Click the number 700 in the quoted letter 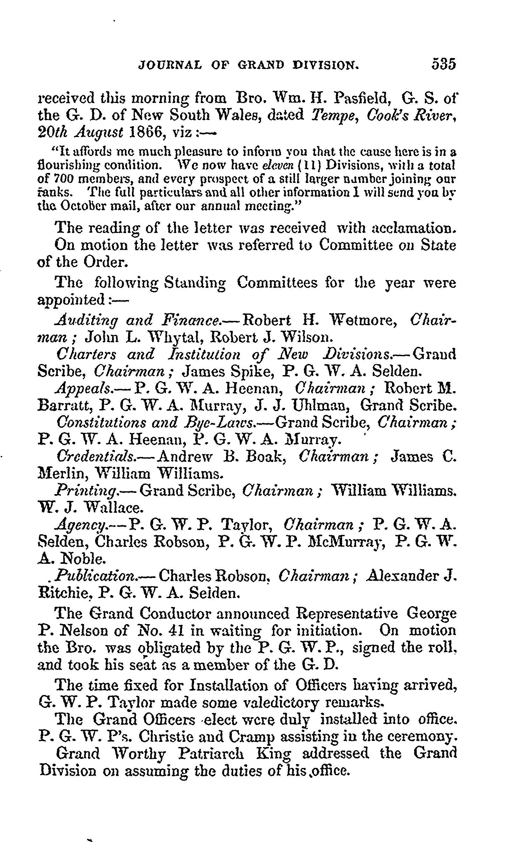pyautogui.click(x=63, y=179)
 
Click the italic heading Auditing pyautogui.click(x=87, y=321)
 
